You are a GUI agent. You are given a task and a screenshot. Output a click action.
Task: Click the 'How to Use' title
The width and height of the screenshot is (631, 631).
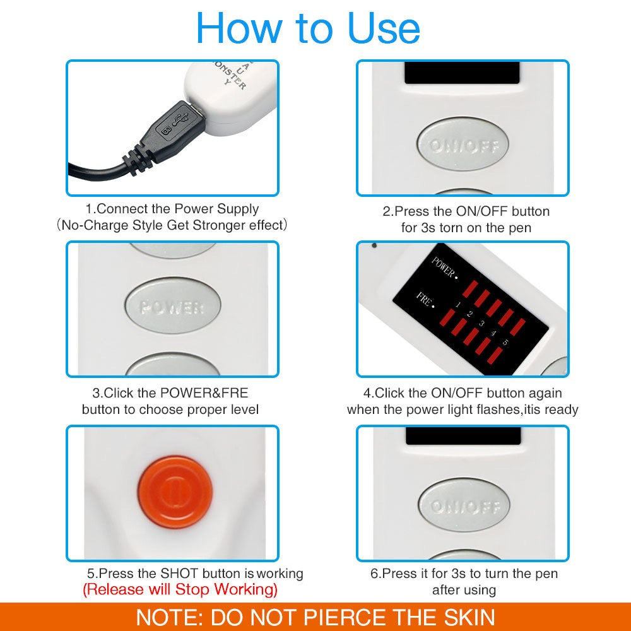(308, 28)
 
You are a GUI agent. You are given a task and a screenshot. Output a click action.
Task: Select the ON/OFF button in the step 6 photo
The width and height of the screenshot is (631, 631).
(464, 506)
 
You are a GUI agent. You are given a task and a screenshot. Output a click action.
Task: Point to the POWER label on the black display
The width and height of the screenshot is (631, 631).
(444, 268)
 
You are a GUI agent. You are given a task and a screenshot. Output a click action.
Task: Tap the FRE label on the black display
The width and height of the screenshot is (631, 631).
(425, 299)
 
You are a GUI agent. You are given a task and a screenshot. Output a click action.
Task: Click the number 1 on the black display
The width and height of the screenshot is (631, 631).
(457, 305)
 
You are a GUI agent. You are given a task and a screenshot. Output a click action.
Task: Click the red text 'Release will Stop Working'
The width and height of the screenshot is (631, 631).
(180, 590)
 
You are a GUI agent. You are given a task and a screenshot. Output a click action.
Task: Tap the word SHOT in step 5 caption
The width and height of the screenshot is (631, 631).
(180, 574)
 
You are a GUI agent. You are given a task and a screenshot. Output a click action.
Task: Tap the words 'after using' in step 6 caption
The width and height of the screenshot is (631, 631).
(464, 590)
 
